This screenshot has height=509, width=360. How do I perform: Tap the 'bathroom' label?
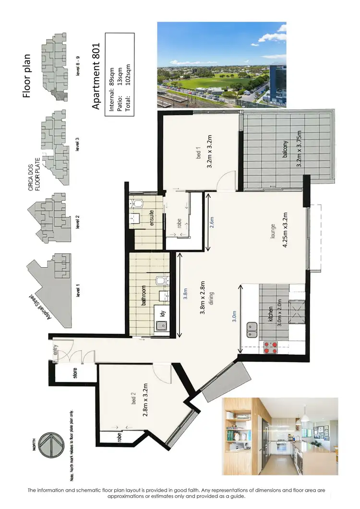pos(143,295)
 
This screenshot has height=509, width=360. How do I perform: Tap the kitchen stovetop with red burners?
pos(271,347)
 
